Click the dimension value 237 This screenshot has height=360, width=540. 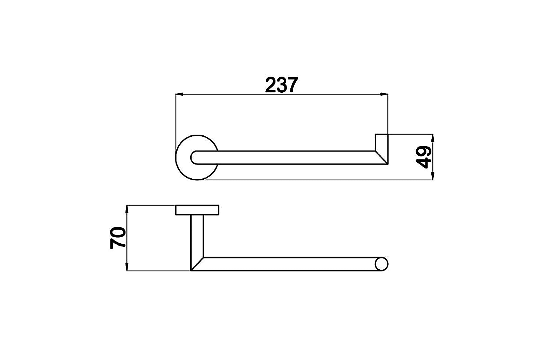(281, 85)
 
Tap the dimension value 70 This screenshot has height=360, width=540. (118, 238)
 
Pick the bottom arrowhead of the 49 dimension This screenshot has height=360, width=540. (432, 176)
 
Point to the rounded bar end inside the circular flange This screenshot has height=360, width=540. (195, 157)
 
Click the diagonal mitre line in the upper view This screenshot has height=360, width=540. (381, 157)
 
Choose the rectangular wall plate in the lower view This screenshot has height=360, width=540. (197, 210)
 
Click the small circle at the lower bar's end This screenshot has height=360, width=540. (381, 264)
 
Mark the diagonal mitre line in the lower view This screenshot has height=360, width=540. (197, 264)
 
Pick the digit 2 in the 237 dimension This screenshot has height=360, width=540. (271, 85)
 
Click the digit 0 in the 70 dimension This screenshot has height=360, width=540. (118, 232)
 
